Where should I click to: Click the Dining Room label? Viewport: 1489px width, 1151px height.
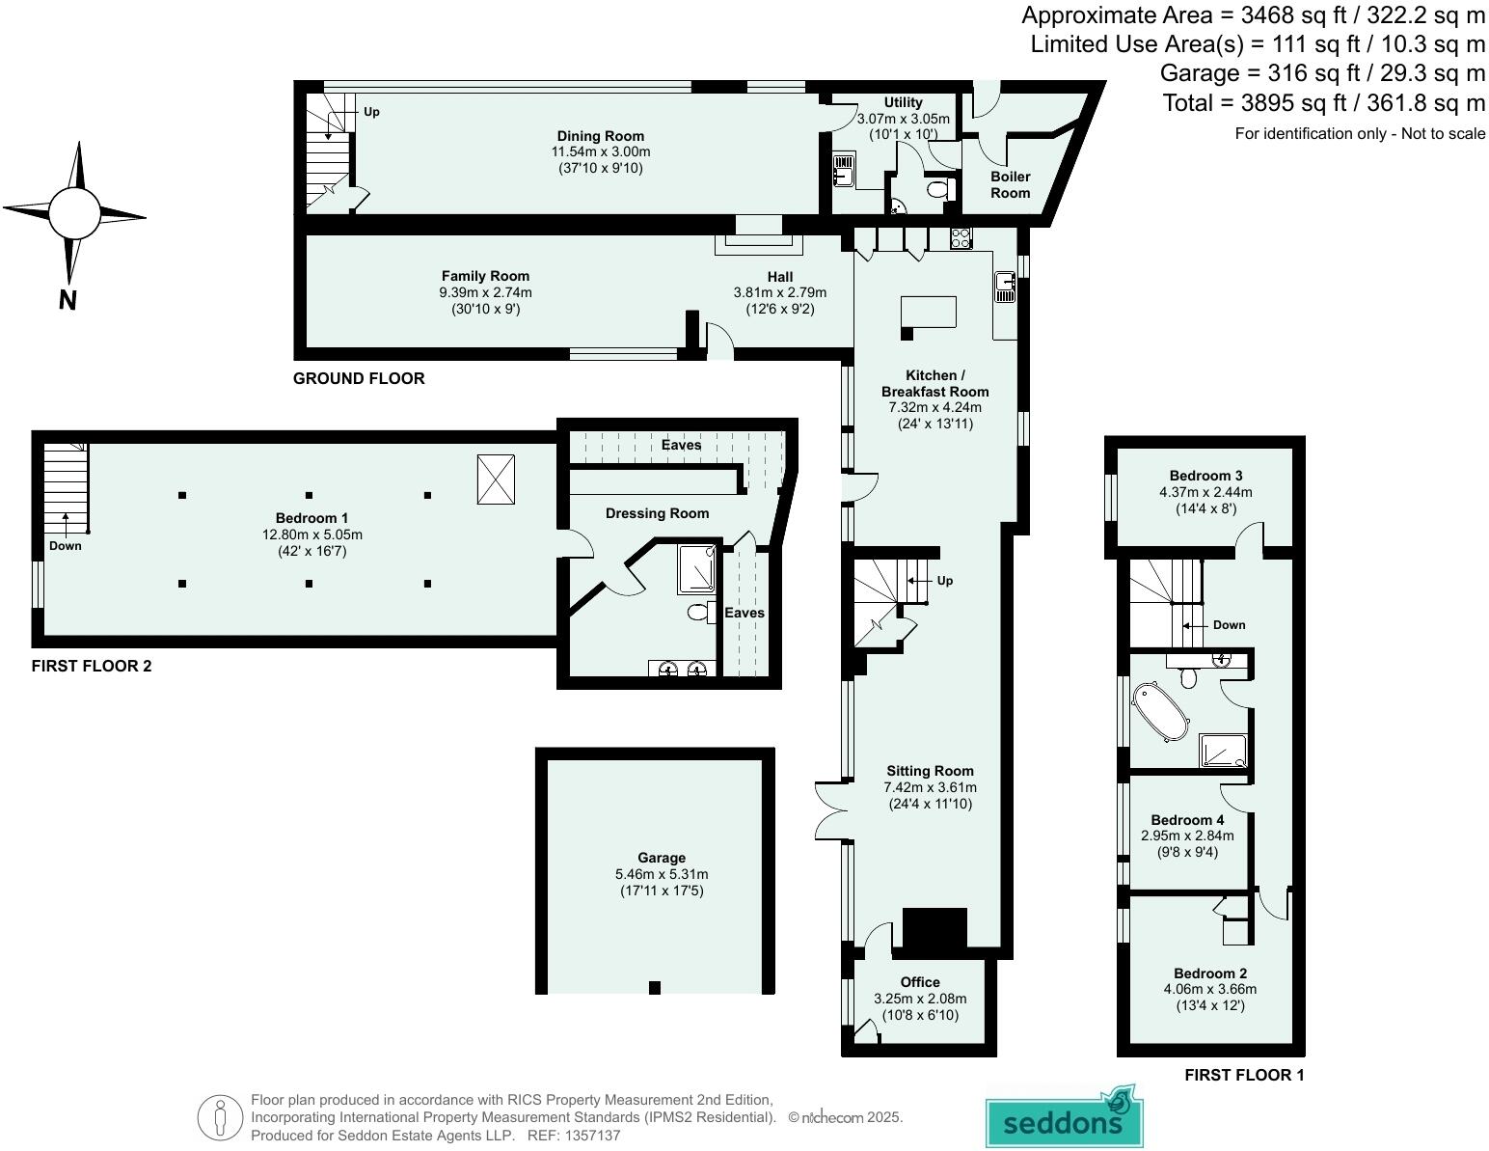[600, 136]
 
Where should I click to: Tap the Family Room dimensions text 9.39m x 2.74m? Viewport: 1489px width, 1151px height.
[485, 292]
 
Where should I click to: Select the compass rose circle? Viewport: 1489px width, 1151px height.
[74, 213]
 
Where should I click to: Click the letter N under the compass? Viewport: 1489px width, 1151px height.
[68, 300]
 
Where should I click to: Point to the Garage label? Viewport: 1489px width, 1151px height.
[662, 858]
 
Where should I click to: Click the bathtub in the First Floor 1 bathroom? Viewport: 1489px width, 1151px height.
[1162, 712]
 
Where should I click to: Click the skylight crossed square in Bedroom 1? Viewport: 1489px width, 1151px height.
[496, 480]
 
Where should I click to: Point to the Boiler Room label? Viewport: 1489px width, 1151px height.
[1010, 184]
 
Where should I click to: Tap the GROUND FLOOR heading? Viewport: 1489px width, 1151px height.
[359, 378]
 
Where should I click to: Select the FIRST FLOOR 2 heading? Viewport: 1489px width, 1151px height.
[92, 666]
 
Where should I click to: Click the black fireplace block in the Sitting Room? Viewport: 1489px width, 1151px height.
[934, 928]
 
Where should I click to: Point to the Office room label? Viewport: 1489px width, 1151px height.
[920, 982]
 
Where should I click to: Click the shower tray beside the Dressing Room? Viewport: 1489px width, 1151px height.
[695, 568]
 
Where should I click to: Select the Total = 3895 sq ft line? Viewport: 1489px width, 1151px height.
[1323, 102]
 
